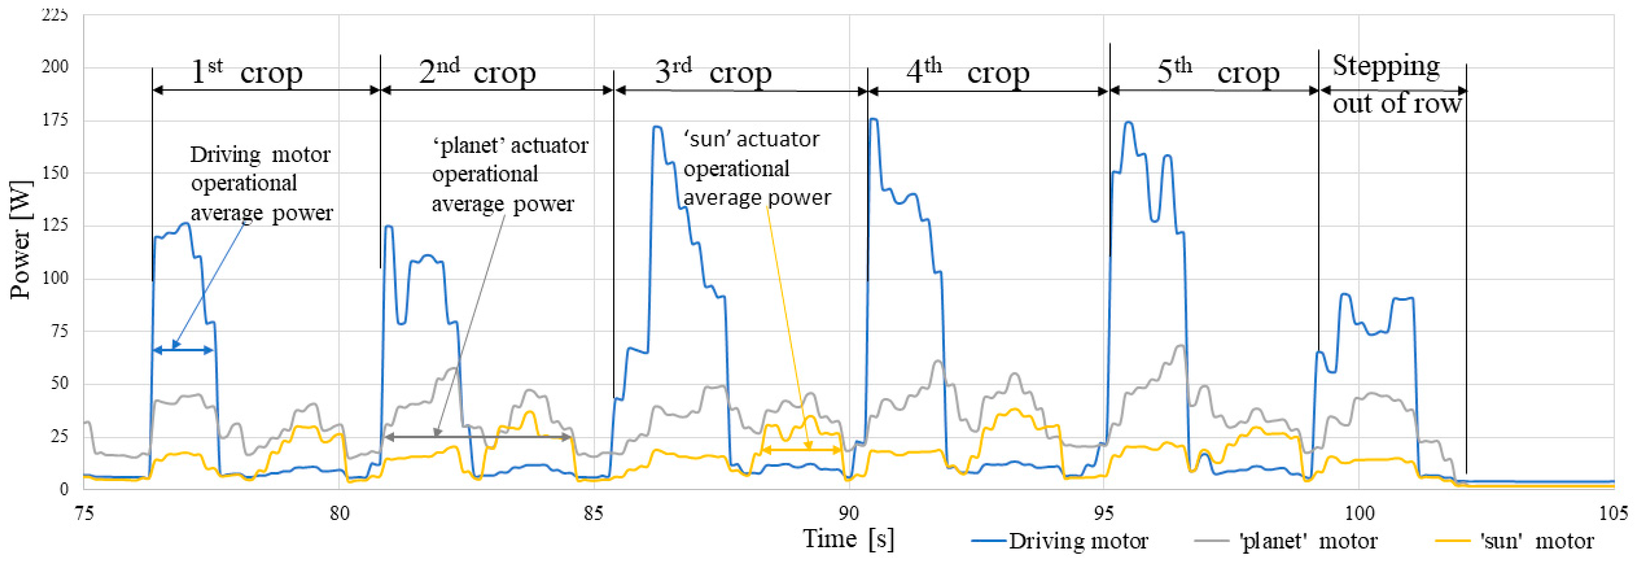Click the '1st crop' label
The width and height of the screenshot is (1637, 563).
point(247,72)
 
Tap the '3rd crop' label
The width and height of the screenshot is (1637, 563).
point(713,72)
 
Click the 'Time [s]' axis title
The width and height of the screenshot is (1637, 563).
point(848,539)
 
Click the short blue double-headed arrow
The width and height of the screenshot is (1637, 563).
point(183,350)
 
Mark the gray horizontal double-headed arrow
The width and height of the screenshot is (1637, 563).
point(478,437)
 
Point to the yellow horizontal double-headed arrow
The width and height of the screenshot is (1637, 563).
point(801,450)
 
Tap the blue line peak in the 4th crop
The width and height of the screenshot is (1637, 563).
point(874,120)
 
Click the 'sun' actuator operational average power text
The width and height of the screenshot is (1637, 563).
point(756,168)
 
